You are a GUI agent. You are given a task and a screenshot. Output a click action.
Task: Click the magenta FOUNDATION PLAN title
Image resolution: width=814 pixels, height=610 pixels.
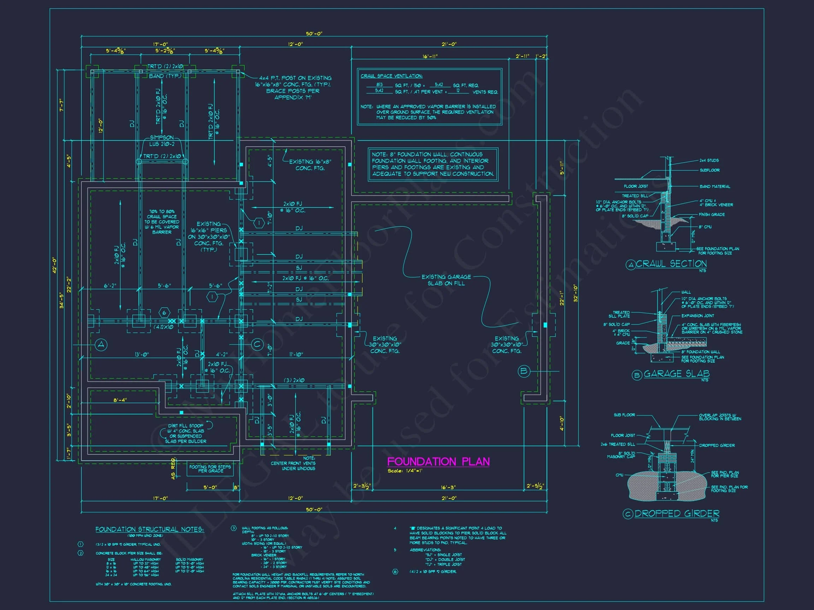[438, 461]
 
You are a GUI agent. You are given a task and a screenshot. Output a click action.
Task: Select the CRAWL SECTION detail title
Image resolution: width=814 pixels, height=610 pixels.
[671, 264]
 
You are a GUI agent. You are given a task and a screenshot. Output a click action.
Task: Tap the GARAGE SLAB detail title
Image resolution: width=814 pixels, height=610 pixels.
[676, 373]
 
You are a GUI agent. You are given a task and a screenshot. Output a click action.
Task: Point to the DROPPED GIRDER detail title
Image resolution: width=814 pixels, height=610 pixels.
[676, 513]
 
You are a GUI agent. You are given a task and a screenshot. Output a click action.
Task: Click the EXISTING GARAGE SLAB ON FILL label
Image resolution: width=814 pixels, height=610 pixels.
[446, 280]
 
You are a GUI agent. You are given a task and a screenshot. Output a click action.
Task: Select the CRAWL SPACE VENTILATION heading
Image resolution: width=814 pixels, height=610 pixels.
[391, 76]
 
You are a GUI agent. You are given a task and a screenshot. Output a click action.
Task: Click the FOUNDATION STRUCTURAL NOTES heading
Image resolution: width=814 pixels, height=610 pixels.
[149, 530]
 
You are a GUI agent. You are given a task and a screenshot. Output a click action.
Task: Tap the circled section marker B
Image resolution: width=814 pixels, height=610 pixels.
[524, 371]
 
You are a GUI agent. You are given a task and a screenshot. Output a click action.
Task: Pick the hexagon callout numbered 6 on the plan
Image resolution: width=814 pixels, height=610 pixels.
[164, 313]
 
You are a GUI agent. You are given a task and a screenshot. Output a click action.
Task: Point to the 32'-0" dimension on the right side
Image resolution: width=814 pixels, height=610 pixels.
[576, 293]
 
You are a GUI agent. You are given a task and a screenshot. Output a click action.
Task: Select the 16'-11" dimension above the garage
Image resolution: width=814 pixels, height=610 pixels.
[430, 56]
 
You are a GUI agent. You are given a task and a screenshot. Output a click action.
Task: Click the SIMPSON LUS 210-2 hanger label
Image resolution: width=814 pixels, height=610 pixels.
[161, 141]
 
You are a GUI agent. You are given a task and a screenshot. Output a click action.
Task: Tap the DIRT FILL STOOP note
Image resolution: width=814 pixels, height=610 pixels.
[186, 433]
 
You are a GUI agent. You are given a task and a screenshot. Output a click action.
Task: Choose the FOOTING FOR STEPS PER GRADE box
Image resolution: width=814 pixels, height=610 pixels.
[210, 468]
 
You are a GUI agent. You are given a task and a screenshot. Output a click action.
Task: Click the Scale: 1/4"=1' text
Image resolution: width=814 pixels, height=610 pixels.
[405, 471]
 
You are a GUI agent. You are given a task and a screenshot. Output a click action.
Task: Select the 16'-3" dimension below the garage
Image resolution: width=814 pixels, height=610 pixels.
[448, 487]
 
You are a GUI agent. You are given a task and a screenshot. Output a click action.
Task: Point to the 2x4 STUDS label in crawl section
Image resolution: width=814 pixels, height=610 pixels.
[709, 160]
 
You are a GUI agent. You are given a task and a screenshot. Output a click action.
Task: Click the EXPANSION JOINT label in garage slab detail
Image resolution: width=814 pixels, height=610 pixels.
[697, 316]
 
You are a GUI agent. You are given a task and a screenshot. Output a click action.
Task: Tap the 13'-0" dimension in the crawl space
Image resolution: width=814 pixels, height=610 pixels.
[142, 354]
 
